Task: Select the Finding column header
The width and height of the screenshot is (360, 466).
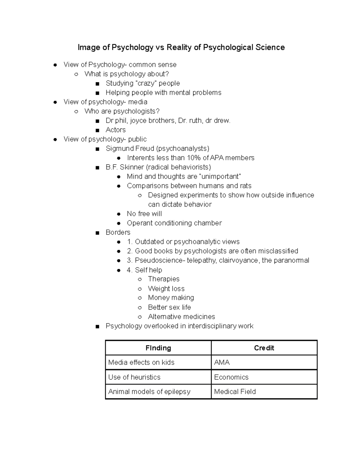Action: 158,348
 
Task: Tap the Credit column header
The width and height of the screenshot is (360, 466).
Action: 264,348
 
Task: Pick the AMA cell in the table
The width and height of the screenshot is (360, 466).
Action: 222,362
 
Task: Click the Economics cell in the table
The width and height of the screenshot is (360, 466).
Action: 231,377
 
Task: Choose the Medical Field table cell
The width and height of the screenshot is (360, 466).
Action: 235,392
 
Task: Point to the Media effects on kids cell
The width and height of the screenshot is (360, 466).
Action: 141,362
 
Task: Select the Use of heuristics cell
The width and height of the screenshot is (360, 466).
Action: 134,377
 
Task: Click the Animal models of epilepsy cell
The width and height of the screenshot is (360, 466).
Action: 149,392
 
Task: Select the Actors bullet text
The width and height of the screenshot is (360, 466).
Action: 115,130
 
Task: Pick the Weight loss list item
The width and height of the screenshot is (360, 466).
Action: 166,289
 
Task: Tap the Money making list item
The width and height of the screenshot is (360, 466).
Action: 171,298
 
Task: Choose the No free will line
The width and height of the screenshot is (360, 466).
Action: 144,214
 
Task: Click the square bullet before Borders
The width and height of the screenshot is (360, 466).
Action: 97,233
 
